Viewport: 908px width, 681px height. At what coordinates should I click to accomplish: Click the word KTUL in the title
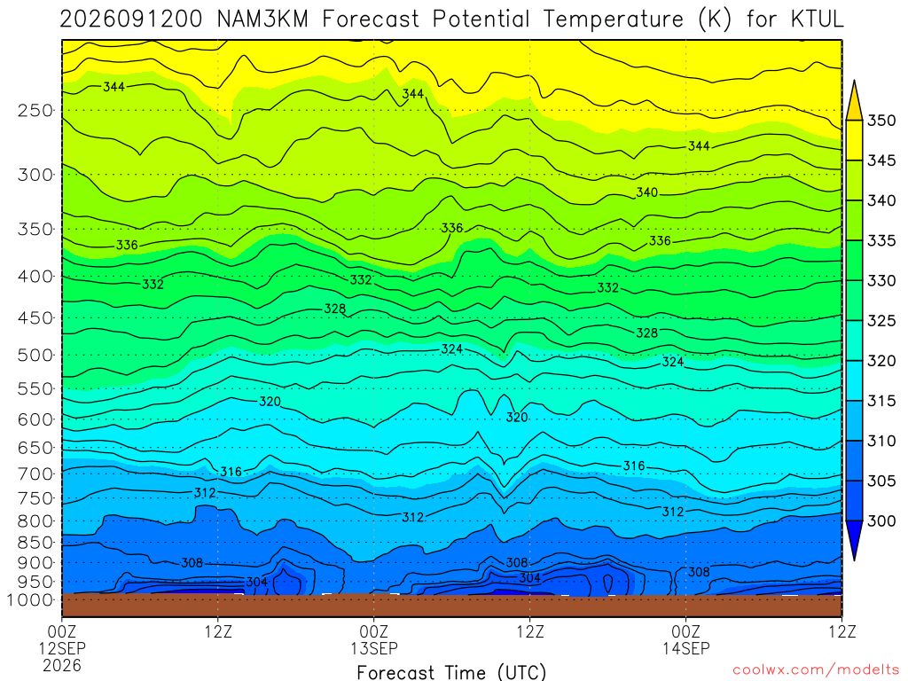(x=817, y=20)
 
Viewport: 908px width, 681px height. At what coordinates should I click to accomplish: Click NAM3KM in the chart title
(x=262, y=20)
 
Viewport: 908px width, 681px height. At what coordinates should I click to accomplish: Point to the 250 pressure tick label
(x=35, y=110)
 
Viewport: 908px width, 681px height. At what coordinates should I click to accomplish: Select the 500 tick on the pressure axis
(x=35, y=355)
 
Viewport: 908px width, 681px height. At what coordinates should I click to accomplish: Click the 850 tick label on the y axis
(x=35, y=543)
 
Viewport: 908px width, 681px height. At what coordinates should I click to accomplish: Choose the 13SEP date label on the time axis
(x=373, y=648)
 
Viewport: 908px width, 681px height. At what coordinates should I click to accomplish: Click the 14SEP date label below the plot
(x=686, y=648)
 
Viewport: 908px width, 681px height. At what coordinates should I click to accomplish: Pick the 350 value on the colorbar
(x=881, y=121)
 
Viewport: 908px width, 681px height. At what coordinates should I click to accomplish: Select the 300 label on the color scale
(x=881, y=521)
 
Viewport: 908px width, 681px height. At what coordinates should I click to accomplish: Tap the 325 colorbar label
(x=881, y=321)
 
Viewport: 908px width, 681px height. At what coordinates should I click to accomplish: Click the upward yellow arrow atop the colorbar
(x=854, y=99)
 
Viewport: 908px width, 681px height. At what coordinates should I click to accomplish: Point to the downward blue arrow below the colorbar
(x=854, y=540)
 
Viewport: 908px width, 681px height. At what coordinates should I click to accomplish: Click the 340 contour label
(x=646, y=192)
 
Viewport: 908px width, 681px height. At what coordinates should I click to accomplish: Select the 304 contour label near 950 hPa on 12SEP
(x=256, y=582)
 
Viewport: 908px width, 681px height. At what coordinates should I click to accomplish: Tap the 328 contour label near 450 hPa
(x=334, y=309)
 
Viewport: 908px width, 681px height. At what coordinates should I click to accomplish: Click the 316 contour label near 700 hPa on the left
(x=231, y=472)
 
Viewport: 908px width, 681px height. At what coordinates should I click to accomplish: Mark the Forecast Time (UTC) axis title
(x=451, y=672)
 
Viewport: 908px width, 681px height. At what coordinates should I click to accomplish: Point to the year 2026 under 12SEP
(x=62, y=665)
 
